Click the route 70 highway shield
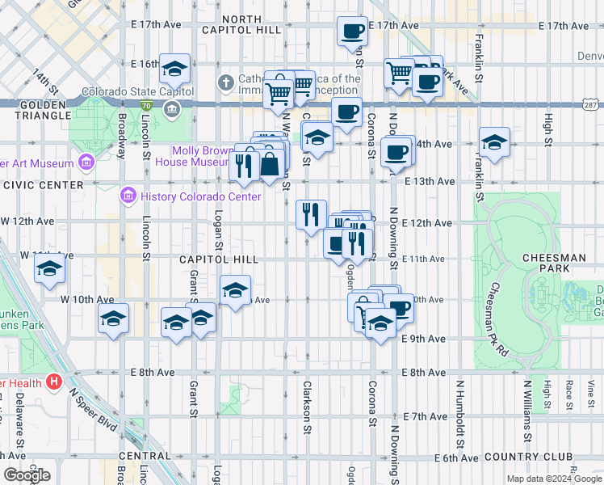145,105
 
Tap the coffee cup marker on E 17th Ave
352,32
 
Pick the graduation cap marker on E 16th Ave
174,70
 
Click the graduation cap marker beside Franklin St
494,142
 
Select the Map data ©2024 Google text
553,479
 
